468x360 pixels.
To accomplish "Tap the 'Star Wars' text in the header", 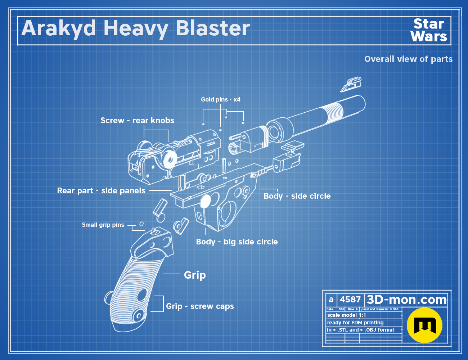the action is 429,30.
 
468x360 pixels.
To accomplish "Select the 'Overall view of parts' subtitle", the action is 408,59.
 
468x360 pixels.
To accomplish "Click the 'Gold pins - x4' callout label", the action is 221,99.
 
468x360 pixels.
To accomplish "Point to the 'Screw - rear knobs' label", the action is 137,120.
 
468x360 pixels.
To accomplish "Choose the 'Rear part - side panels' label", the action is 101,191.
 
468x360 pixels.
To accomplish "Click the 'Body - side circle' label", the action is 297,196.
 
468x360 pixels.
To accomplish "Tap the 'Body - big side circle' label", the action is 237,242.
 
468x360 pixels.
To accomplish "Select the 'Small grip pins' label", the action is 103,225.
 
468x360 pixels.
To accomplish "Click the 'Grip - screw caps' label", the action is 200,306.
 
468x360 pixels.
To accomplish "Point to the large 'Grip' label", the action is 195,275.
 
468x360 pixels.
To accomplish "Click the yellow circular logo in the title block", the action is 424,325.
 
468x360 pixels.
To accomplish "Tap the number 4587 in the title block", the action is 350,300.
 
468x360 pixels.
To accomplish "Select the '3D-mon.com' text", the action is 407,300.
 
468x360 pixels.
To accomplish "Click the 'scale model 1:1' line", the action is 347,315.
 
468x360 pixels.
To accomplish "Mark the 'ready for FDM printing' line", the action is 355,323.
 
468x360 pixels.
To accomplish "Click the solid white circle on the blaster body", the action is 205,202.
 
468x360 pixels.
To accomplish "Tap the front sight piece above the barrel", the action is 351,84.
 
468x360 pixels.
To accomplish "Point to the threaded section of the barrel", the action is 333,113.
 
